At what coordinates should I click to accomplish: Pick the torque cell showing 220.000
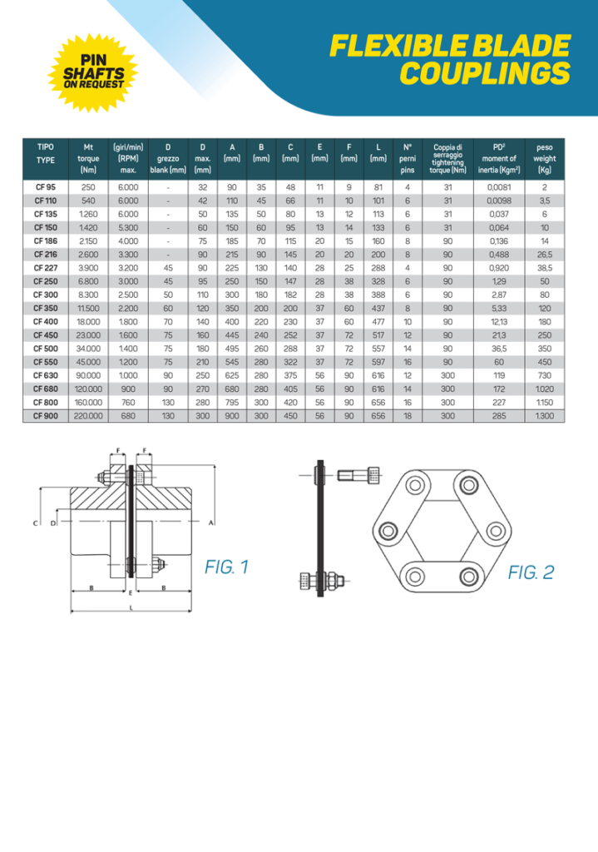pyautogui.click(x=88, y=414)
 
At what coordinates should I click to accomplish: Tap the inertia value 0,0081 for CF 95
pyautogui.click(x=499, y=187)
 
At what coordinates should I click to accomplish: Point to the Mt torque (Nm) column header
pyautogui.click(x=88, y=158)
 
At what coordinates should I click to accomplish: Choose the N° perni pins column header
pyautogui.click(x=408, y=158)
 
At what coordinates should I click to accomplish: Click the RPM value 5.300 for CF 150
pyautogui.click(x=127, y=227)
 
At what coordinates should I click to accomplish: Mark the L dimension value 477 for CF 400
pyautogui.click(x=378, y=321)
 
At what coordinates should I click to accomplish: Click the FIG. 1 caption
pyautogui.click(x=226, y=567)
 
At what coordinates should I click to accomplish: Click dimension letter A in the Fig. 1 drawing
pyautogui.click(x=210, y=523)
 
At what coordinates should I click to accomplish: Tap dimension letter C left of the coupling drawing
pyautogui.click(x=36, y=523)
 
